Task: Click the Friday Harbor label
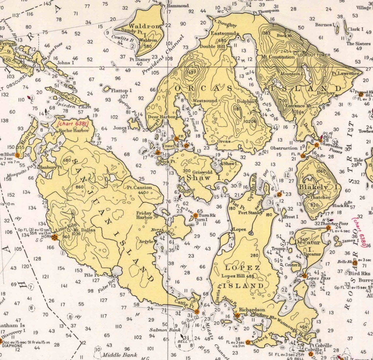pos(144,215)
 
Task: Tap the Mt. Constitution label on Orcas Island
pos(277,57)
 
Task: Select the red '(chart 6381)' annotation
pos(73,124)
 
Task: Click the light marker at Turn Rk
pos(196,215)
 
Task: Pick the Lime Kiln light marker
pos(55,237)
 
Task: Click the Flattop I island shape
pos(107,89)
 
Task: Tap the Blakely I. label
pos(313,187)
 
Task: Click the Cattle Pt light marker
pos(196,311)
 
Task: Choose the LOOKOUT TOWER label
pos(314,55)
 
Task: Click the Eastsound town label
pos(223,33)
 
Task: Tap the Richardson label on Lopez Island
pos(252,309)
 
